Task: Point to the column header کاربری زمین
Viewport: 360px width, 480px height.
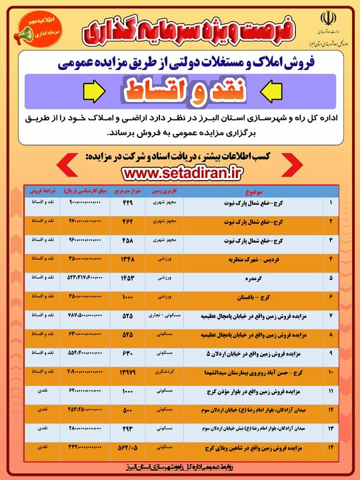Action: coord(163,189)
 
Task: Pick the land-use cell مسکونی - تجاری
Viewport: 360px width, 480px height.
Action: coord(163,314)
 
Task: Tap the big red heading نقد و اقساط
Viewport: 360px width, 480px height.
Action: coord(180,87)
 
